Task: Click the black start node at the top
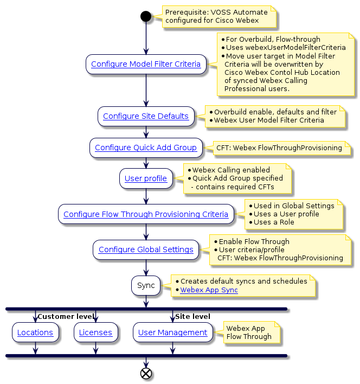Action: pos(145,16)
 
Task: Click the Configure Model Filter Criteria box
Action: pos(146,64)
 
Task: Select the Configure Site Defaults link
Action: pos(146,116)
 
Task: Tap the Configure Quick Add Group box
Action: pos(146,148)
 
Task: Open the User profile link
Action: pos(146,178)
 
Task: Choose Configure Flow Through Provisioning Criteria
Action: pos(146,214)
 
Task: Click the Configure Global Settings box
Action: pos(146,249)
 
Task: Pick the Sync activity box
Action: pos(146,285)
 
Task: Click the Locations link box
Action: pos(35,332)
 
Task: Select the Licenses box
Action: pos(95,332)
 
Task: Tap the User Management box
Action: pos(173,332)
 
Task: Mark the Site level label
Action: pos(192,316)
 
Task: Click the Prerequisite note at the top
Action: pos(216,16)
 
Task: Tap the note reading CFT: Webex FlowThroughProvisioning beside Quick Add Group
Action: pos(279,148)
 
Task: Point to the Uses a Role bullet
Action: pos(275,222)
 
